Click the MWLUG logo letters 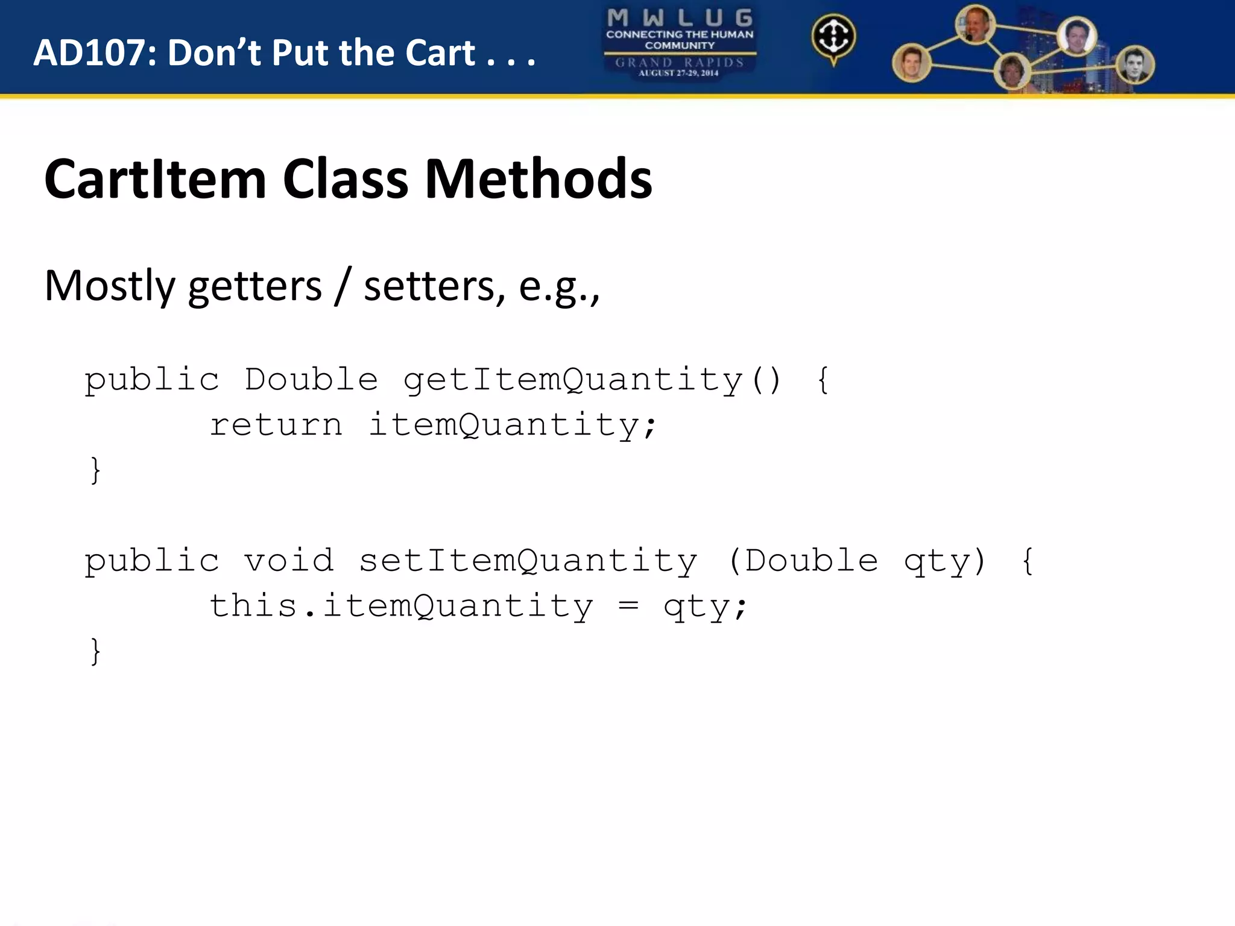[680, 18]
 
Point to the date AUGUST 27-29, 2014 [678, 73]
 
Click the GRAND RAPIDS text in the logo [680, 62]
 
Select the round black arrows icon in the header [833, 37]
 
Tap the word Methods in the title [539, 179]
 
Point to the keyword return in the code [276, 426]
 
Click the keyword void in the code [289, 561]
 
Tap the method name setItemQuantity [528, 561]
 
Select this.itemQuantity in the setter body [401, 606]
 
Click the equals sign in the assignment [628, 606]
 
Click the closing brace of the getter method [95, 471]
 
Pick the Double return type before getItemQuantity [311, 380]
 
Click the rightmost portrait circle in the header [1135, 65]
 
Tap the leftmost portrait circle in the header [911, 63]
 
